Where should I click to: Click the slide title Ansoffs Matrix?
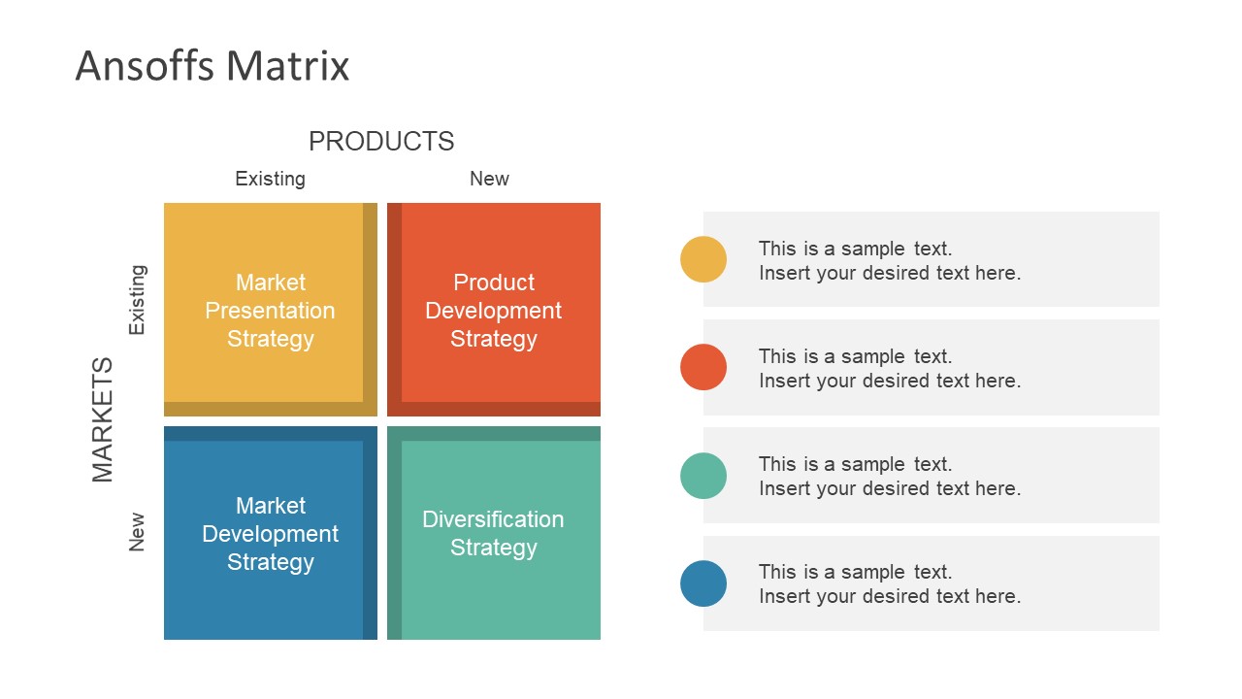(212, 66)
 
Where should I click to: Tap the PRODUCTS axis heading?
(381, 142)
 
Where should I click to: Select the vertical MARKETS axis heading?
(103, 419)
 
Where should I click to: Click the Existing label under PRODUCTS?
(270, 179)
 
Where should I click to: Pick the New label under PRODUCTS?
(489, 179)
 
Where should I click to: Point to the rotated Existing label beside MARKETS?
(137, 300)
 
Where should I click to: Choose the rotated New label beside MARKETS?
(137, 532)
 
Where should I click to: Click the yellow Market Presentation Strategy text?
(270, 311)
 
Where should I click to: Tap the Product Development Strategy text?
(493, 311)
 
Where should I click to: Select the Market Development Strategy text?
(270, 534)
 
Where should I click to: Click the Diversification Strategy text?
(493, 534)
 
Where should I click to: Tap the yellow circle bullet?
(703, 259)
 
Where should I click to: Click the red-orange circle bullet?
(703, 367)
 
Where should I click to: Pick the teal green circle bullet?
(703, 476)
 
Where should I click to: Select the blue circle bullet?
(703, 583)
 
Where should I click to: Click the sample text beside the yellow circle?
(889, 260)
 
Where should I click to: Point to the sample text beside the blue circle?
(889, 583)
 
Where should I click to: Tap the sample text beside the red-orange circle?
(889, 368)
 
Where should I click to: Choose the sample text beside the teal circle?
(889, 476)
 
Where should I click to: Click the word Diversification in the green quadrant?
(493, 519)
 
